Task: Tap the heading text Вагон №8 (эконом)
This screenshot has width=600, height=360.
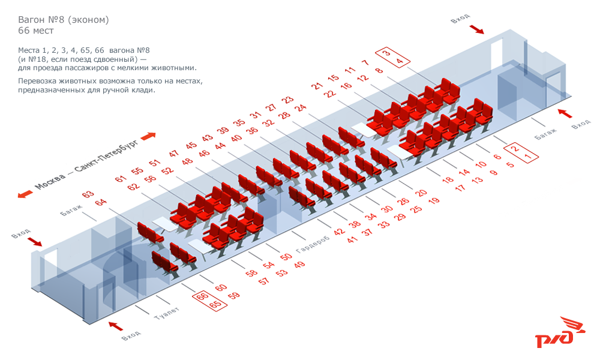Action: click(64, 20)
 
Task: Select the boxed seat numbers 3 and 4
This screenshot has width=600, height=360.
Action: click(393, 57)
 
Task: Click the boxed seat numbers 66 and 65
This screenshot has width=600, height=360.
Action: click(209, 300)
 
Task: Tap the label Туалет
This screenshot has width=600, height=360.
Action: click(166, 313)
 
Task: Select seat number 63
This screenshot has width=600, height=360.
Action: click(88, 194)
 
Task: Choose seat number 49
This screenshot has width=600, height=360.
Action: click(299, 265)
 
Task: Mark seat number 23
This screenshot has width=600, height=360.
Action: click(287, 100)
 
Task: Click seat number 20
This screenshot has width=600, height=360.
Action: click(421, 193)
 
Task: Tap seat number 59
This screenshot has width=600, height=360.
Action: click(234, 295)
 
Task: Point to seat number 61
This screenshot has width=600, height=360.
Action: click(121, 178)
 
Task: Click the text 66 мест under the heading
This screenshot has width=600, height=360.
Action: click(36, 31)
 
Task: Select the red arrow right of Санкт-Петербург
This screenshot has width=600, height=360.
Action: click(148, 136)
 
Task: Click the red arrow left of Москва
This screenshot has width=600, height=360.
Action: click(25, 194)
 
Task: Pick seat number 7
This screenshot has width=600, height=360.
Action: click(365, 62)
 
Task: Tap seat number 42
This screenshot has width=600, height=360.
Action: click(339, 232)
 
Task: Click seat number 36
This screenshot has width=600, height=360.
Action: click(252, 130)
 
